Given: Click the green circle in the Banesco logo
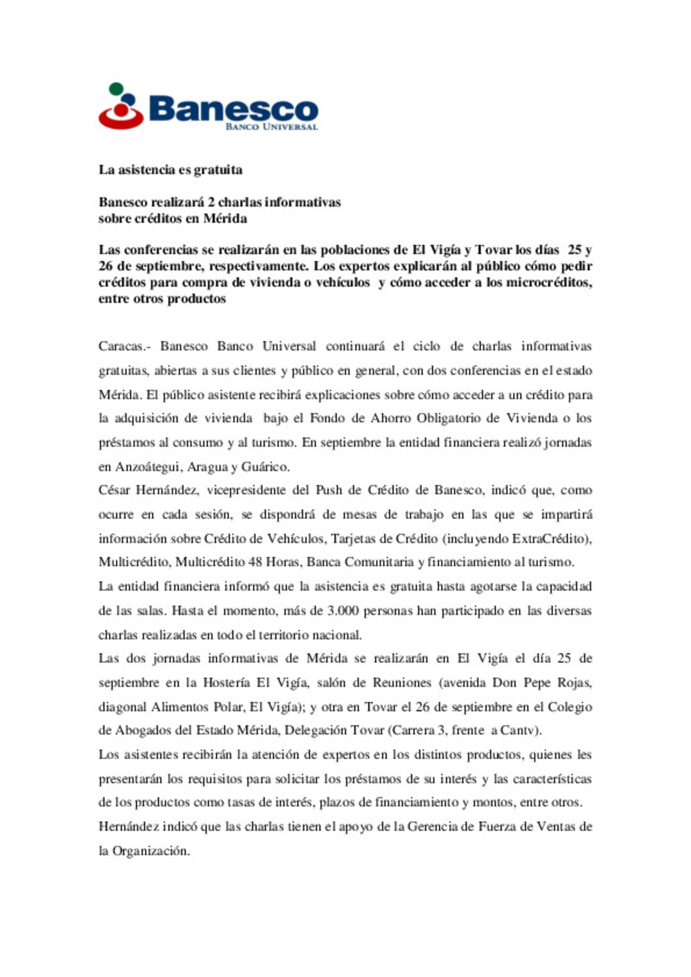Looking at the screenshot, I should tap(116, 88).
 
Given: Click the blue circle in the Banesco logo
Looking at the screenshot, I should tap(129, 100).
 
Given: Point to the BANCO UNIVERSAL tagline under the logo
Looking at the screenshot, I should tap(271, 127).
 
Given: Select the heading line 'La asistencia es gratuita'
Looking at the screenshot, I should tap(170, 170).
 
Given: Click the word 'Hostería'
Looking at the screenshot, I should tap(226, 683).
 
